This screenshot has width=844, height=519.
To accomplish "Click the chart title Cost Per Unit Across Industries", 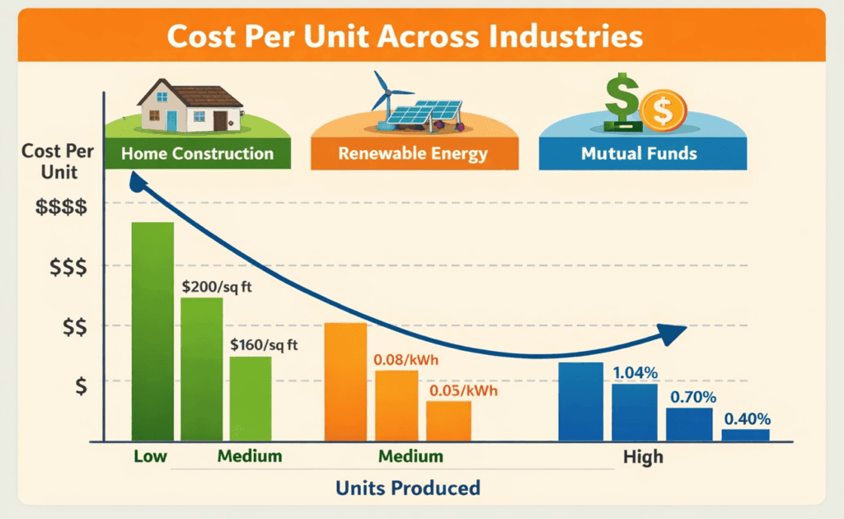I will (x=422, y=37).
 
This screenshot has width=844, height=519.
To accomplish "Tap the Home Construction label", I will (x=197, y=153).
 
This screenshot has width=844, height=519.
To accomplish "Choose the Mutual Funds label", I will (x=639, y=153).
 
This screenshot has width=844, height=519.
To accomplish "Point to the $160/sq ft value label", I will (x=265, y=346).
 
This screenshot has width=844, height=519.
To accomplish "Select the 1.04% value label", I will (x=635, y=373).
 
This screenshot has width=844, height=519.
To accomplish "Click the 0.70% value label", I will (x=692, y=397).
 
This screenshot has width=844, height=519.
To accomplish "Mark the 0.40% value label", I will (x=748, y=418).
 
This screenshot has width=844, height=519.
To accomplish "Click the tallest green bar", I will (x=153, y=330).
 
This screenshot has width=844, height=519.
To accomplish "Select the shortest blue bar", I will (x=746, y=435).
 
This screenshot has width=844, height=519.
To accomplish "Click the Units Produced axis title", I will (x=407, y=488).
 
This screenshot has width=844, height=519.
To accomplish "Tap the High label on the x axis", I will (x=643, y=456).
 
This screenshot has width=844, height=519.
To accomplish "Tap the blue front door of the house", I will (x=171, y=121).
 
